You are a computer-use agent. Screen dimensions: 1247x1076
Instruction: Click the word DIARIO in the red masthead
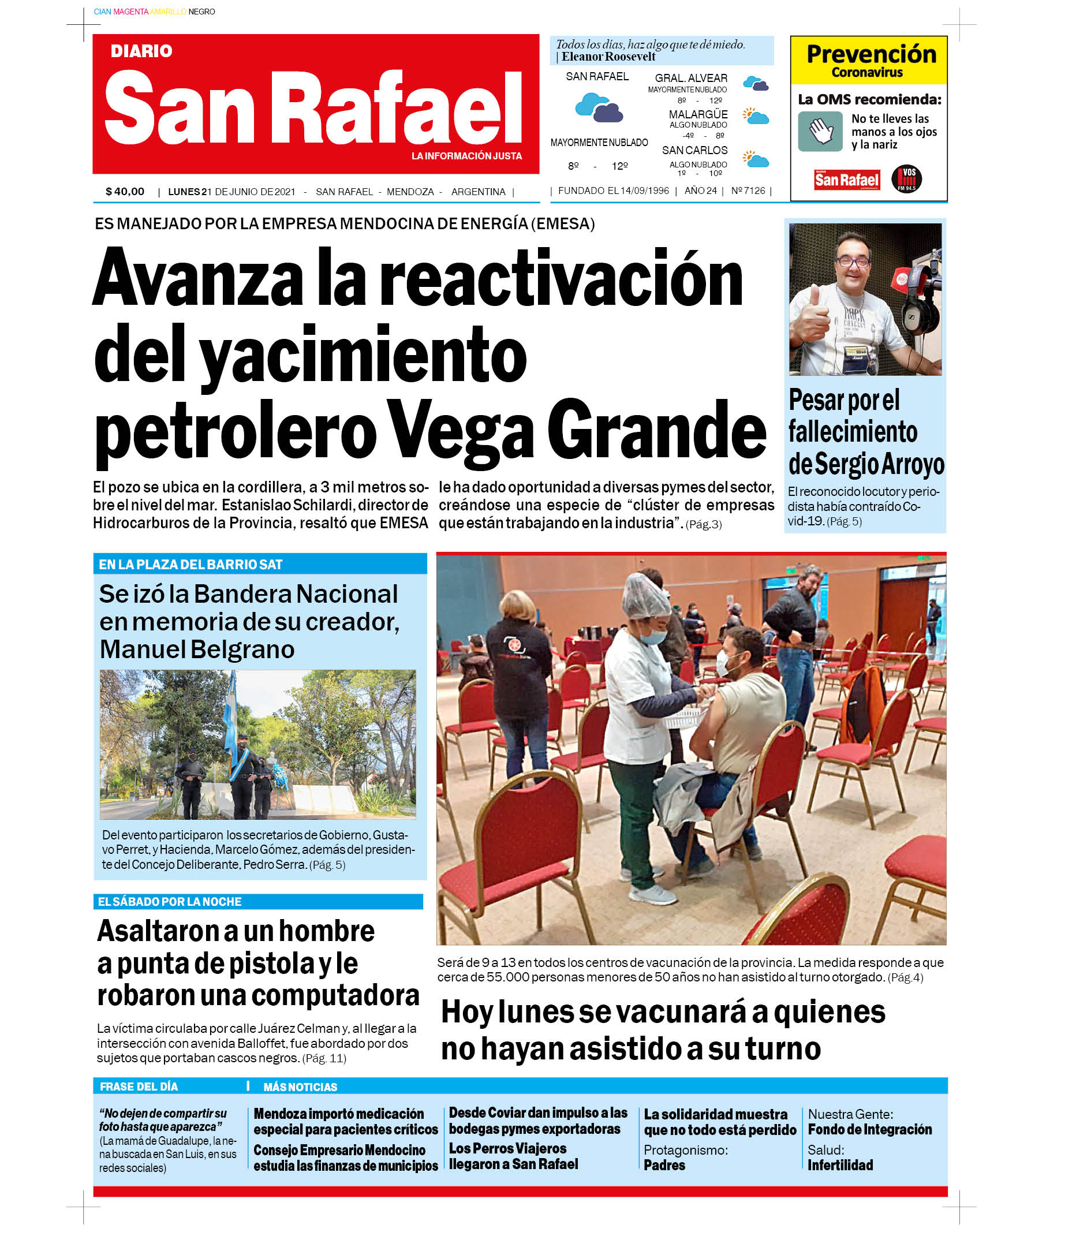point(141,51)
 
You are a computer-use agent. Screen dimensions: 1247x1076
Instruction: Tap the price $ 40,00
point(125,192)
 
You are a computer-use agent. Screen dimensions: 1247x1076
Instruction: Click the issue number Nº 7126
point(748,191)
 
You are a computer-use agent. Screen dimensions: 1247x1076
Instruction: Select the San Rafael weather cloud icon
point(598,109)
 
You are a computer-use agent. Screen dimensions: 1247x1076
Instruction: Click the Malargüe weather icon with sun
point(755,115)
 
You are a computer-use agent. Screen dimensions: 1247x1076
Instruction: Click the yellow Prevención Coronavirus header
point(868,60)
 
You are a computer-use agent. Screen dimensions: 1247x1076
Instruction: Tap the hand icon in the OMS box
point(820,131)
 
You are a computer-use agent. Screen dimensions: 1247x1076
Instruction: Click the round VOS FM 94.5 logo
point(906,179)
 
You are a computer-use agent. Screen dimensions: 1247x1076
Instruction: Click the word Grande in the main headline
point(656,430)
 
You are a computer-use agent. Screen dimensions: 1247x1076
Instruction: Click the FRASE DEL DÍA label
point(139,1087)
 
